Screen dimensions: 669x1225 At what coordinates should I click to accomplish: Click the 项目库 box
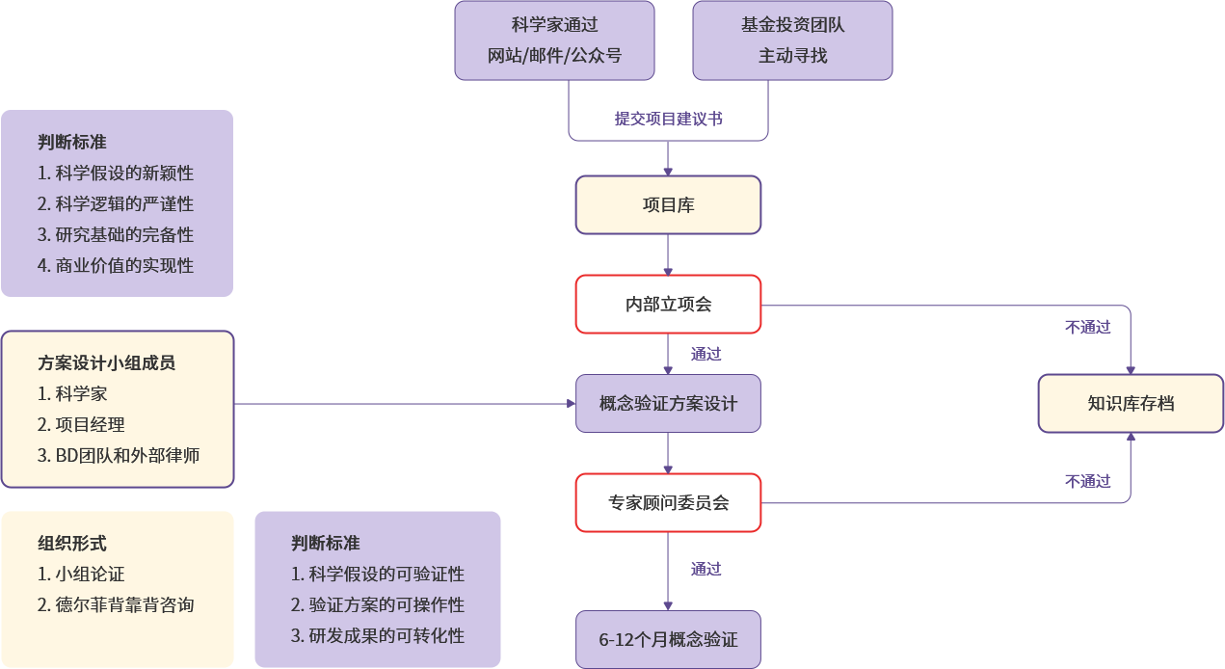(668, 204)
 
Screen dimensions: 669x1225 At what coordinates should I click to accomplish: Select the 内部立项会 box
(668, 305)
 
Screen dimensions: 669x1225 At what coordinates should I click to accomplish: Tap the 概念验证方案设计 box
(668, 404)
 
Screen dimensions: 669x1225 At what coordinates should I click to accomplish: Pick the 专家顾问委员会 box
(668, 502)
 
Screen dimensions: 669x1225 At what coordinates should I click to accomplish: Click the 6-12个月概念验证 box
(668, 639)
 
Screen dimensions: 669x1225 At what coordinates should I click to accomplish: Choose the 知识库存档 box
(1131, 404)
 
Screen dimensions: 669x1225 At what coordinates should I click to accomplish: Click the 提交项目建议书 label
(669, 120)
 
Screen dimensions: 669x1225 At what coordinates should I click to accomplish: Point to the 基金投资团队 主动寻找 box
(792, 40)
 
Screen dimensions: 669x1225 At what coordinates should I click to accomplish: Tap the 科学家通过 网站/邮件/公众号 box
(554, 40)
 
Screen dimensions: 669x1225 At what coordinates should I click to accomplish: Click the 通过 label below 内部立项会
(706, 354)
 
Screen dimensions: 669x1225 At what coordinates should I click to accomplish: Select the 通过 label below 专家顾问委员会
(706, 569)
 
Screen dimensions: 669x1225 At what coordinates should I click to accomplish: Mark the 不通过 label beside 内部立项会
(1088, 328)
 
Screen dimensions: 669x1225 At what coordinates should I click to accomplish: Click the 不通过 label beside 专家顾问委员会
(1088, 481)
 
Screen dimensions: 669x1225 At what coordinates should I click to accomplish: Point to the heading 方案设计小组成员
(107, 363)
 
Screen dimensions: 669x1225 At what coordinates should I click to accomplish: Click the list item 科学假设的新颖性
(116, 174)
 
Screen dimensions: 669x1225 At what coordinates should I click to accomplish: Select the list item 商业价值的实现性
(116, 266)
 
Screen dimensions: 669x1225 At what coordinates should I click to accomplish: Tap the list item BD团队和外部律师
(119, 456)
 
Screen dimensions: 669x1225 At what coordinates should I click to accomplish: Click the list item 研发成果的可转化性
(378, 636)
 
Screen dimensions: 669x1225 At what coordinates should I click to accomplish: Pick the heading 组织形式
(72, 544)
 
